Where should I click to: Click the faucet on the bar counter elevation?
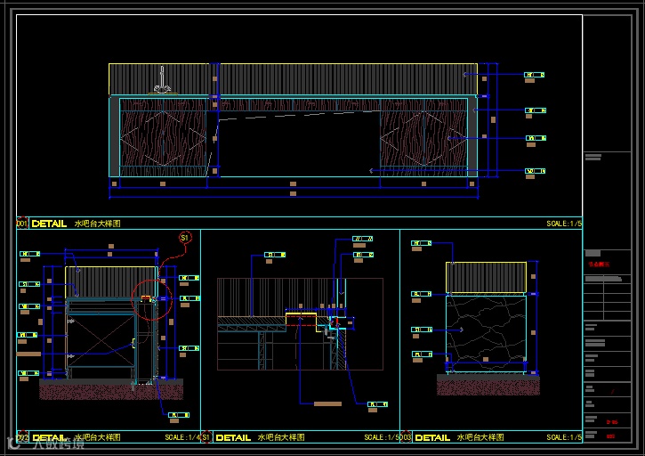[x=162, y=81]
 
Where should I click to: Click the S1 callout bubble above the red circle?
[x=185, y=238]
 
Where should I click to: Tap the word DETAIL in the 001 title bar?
[x=49, y=224]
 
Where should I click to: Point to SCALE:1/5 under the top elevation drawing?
[x=563, y=224]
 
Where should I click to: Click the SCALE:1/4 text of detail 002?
[x=181, y=438]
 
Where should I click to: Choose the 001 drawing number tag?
[x=22, y=224]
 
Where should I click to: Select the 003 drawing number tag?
[x=406, y=438]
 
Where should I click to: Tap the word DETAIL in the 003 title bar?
[x=432, y=438]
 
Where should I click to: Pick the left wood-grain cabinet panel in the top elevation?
[x=164, y=137]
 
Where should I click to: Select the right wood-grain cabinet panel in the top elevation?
[x=423, y=137]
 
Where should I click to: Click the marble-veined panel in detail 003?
[x=486, y=332]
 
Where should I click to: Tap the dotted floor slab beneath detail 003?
[x=488, y=385]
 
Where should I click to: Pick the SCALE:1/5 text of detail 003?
[x=563, y=438]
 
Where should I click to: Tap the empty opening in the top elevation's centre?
[x=297, y=142]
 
